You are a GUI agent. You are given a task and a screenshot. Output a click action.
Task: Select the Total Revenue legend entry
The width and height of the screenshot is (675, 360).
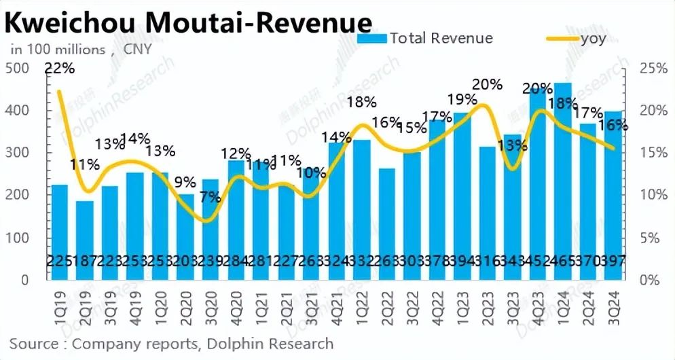tap(426, 38)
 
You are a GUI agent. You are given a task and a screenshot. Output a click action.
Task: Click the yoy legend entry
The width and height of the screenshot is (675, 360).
tap(577, 38)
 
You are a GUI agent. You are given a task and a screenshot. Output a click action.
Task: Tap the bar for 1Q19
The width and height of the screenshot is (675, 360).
tap(60, 231)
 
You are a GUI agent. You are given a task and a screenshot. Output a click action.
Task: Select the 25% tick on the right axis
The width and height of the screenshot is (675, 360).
tap(655, 68)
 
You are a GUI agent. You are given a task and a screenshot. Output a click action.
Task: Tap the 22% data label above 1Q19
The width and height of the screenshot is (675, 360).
tap(60, 68)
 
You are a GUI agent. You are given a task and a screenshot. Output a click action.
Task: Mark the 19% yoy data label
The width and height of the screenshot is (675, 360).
tap(462, 99)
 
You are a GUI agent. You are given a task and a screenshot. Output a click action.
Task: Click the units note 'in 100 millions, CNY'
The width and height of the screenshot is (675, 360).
tap(80, 50)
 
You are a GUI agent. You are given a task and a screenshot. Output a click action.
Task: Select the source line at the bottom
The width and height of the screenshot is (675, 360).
tap(171, 344)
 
